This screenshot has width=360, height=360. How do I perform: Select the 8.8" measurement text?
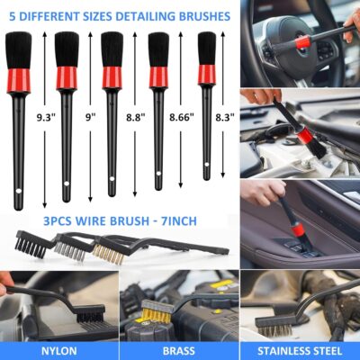[135, 116]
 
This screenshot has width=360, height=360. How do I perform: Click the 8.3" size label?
[224, 116]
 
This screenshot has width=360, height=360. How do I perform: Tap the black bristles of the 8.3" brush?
[207, 49]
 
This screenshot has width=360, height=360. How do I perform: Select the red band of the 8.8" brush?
[112, 76]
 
